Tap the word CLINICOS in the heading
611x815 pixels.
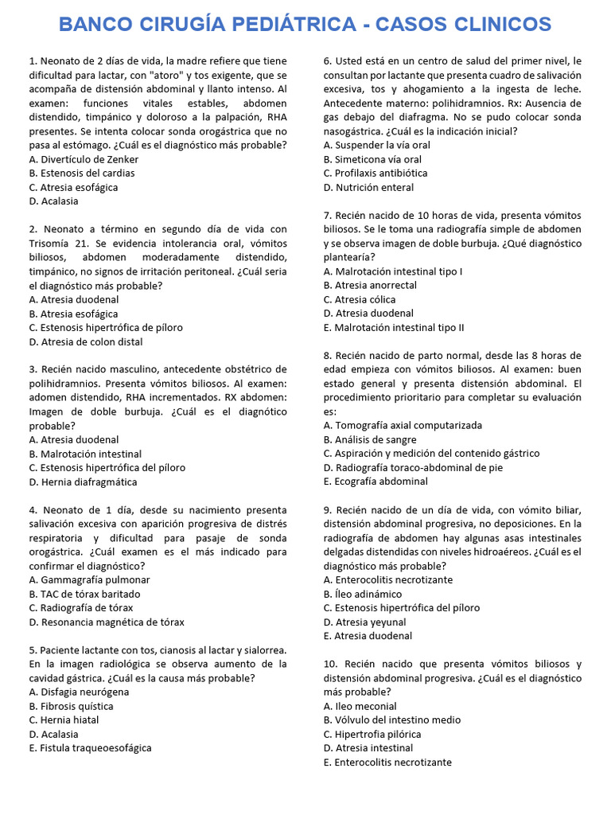coord(500,25)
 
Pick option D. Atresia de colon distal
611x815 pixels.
coord(86,341)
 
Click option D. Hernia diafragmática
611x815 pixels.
coord(83,482)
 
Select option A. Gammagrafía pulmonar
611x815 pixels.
coord(89,579)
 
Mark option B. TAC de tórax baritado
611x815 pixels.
coord(84,594)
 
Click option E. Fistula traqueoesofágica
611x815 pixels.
coord(90,748)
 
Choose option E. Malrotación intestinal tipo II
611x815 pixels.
coord(394,327)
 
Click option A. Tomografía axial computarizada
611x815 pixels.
coord(403,425)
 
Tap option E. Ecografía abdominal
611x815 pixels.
coord(376,482)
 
